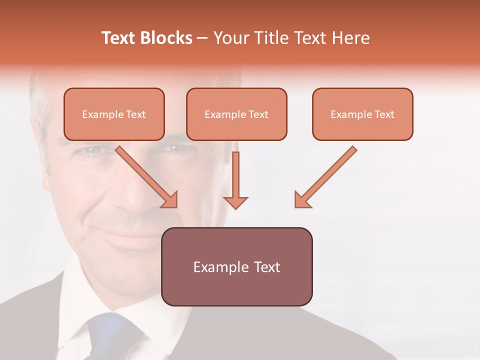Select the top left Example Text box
coord(114,114)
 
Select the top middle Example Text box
coord(236,114)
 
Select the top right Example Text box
coord(362,114)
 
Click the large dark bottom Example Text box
coord(236,266)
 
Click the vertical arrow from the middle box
coord(235,175)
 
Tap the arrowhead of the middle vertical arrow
coord(235,202)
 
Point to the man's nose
coord(131,200)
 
